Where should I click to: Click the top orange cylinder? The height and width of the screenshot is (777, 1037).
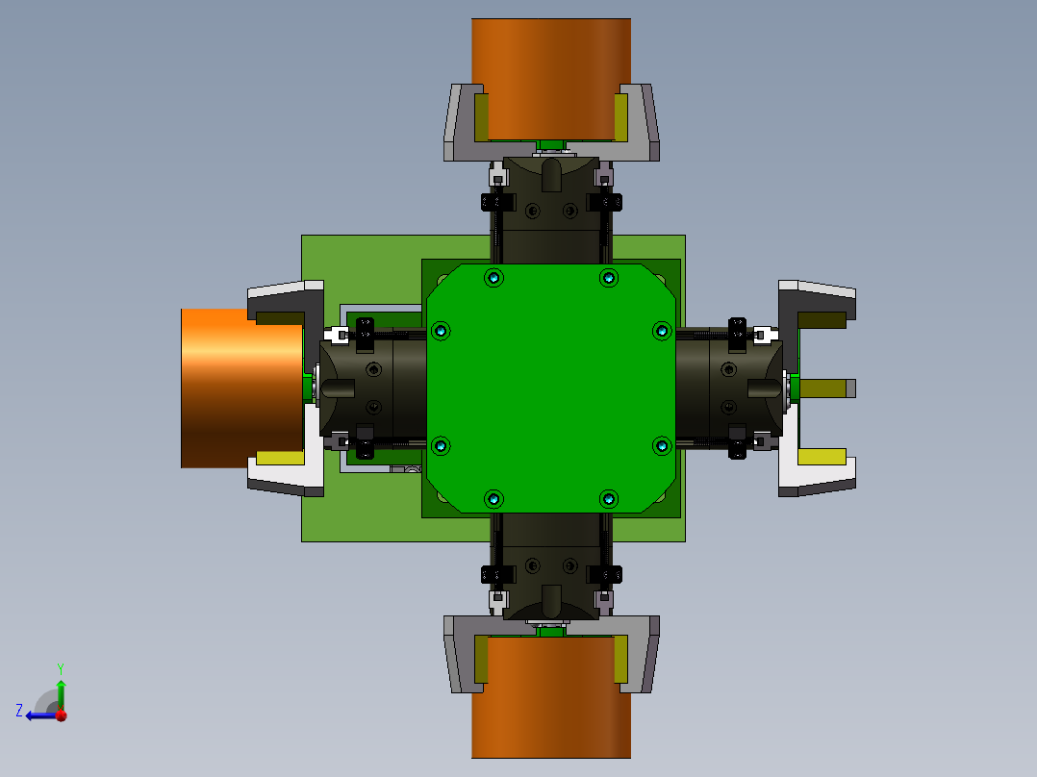coord(551,80)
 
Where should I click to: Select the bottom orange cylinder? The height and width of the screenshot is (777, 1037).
coord(551,697)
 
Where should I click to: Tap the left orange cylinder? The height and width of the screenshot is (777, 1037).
coord(242,388)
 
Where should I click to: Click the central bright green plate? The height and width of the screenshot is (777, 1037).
coord(551,388)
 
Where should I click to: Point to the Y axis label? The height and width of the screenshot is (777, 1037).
coord(61,668)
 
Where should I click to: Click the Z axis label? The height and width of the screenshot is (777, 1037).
coord(19,711)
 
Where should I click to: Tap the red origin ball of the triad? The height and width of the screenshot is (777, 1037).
coord(62,715)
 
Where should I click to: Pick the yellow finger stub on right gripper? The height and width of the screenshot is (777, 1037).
coord(827,388)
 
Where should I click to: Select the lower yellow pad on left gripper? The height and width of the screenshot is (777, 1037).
coord(280,458)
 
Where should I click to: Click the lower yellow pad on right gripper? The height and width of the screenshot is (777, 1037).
coord(822,457)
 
